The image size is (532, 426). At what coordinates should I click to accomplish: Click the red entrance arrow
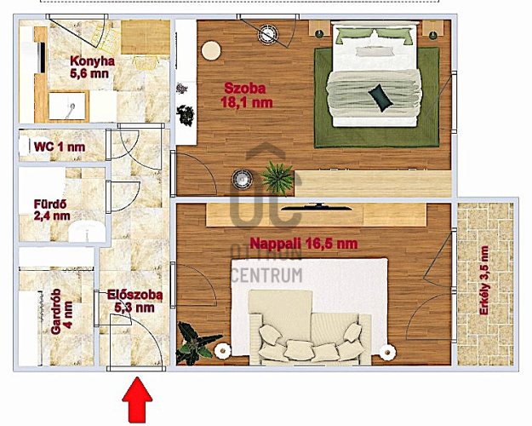137,400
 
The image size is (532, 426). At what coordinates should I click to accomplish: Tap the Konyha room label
92,67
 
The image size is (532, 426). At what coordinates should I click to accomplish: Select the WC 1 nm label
60,147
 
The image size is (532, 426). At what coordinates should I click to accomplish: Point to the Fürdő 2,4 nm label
52,210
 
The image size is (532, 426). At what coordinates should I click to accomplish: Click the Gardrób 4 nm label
61,312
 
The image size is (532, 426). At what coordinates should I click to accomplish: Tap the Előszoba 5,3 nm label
134,301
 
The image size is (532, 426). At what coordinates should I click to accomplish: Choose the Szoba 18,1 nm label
246,95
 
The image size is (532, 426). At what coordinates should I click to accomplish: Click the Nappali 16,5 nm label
303,243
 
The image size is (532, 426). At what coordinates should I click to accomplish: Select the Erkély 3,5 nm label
483,280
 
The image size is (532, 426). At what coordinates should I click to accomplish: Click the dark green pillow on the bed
380,97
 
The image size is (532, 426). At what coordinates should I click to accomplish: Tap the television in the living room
314,207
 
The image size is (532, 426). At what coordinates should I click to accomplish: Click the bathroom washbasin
87,231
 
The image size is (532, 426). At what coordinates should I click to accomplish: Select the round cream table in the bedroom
211,51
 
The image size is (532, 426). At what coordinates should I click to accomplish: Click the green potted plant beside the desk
277,177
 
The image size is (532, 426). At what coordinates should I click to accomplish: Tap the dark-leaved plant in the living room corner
196,343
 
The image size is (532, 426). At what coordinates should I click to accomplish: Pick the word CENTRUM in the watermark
266,275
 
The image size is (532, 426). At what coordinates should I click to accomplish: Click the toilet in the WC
25,146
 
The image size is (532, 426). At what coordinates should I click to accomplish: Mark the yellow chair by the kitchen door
146,63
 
